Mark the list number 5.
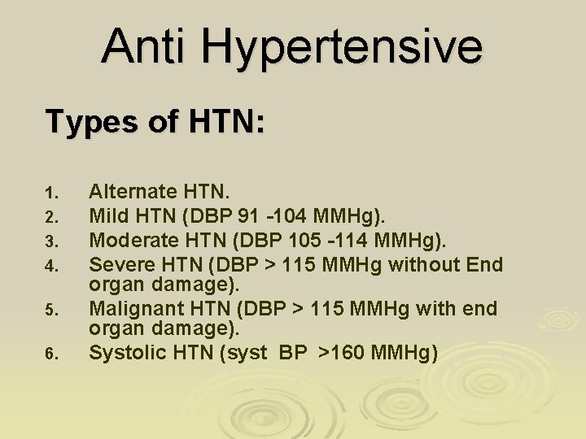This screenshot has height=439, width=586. pyautogui.click(x=50, y=310)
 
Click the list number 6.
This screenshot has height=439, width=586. pyautogui.click(x=50, y=354)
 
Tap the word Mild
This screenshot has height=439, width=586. pyautogui.click(x=107, y=216)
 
